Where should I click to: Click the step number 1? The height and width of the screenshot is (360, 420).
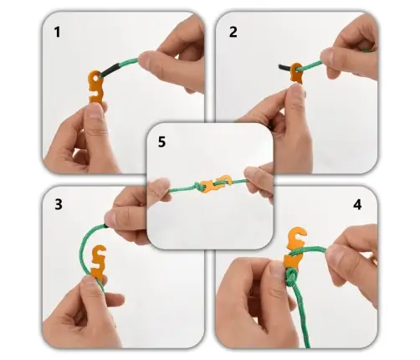click(x=57, y=32)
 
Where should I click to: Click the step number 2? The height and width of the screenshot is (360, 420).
click(x=233, y=32)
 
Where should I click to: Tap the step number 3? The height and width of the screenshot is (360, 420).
click(x=59, y=204)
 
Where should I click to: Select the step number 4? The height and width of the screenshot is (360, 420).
click(x=357, y=205)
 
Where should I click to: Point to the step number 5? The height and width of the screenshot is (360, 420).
click(x=161, y=141)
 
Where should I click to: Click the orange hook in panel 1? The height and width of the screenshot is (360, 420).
click(x=95, y=87)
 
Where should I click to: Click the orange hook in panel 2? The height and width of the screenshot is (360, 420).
click(x=296, y=73)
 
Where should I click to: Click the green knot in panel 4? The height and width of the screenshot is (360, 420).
click(x=290, y=277)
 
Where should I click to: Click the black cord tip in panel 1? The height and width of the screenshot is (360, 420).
click(x=110, y=70)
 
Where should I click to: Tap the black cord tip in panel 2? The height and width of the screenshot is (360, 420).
click(x=285, y=67)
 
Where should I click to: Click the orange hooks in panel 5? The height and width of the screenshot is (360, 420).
click(x=216, y=183)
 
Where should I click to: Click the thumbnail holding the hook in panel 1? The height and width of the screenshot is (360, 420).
click(x=95, y=111)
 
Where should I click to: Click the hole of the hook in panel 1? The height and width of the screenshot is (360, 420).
click(x=96, y=76)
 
